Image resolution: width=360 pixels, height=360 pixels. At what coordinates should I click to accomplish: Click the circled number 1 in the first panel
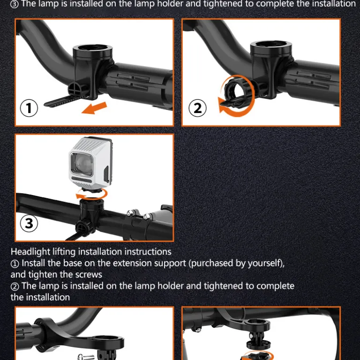coord(29,108)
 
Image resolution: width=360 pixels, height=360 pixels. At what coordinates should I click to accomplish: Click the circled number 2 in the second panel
coord(197,108)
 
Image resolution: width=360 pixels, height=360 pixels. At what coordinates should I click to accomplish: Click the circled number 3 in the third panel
coord(29,223)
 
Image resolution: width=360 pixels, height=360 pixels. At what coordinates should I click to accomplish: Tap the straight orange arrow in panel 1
coord(94,108)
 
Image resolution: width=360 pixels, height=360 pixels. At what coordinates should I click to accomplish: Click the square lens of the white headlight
coord(82,164)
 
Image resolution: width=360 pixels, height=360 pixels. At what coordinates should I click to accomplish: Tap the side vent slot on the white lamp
coord(106,174)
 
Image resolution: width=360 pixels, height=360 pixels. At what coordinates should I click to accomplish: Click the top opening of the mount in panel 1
coord(92,48)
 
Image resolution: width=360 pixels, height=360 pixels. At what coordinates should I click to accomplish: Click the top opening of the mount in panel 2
coord(271,44)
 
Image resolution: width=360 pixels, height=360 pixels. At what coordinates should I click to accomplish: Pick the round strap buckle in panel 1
coord(75,89)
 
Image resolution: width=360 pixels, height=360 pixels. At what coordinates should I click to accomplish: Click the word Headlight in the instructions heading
coord(30,252)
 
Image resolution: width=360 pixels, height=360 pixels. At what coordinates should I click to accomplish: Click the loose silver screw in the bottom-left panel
coord(86,357)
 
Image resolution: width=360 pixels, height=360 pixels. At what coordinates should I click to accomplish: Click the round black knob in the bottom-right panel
coord(259,344)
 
